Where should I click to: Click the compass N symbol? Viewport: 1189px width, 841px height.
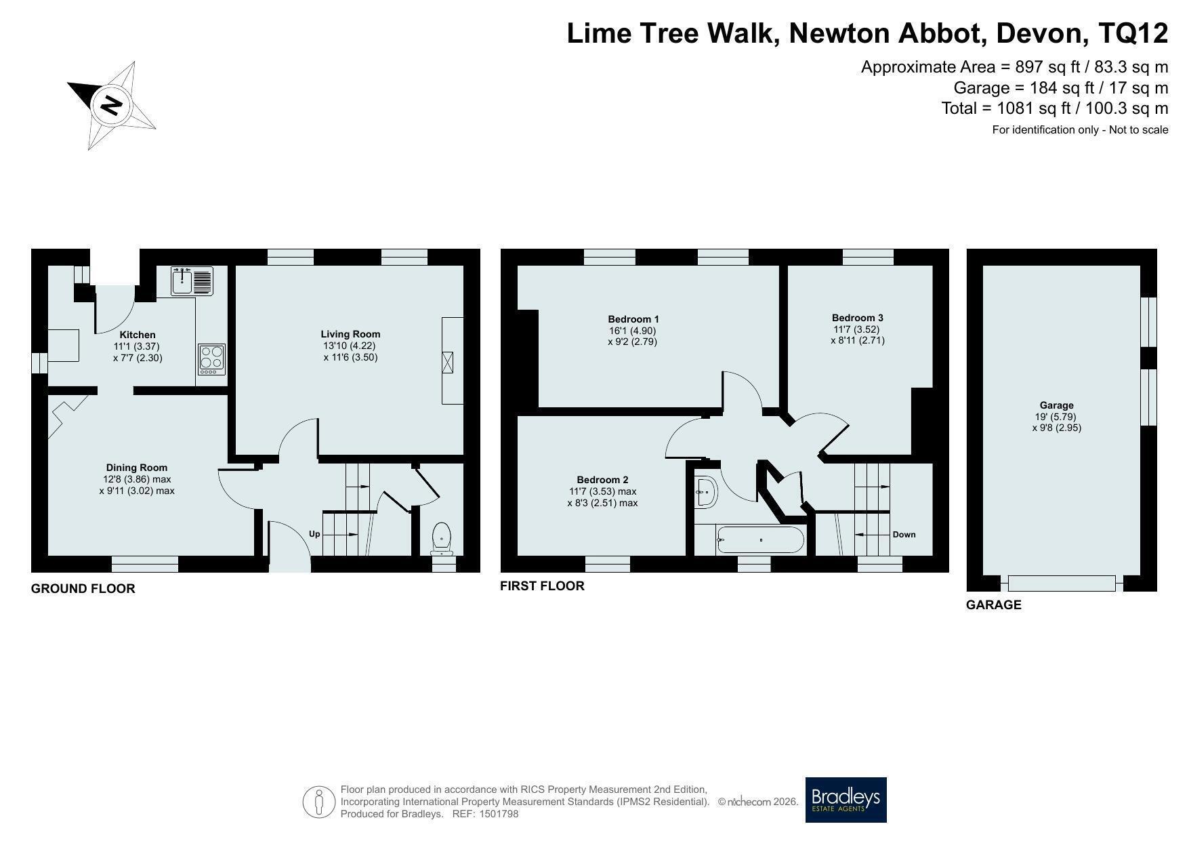pos(111,106)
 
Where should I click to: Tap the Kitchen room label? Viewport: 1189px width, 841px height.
pos(138,335)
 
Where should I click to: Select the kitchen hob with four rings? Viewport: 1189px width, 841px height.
pos(211,360)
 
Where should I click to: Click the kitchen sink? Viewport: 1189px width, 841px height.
pos(192,281)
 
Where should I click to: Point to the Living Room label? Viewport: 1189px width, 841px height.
pos(350,334)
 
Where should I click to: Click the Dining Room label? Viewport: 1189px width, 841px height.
pos(137,468)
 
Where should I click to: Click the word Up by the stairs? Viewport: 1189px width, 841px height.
pos(314,534)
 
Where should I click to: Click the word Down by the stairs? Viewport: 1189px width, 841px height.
pos(904,535)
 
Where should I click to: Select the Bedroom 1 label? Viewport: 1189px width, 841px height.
pos(633,319)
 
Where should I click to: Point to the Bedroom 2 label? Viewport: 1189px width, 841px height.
pos(602,480)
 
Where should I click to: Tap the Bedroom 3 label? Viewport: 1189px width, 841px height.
pos(858,318)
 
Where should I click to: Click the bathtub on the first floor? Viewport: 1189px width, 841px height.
pos(760,541)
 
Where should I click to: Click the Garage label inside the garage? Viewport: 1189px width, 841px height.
pos(1057,406)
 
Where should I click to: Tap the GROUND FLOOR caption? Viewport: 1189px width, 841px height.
pos(83,589)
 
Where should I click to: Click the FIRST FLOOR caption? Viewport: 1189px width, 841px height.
pos(542,586)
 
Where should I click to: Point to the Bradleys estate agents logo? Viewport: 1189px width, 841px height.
pos(846,800)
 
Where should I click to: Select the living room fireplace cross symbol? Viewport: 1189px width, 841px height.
pos(447,362)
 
